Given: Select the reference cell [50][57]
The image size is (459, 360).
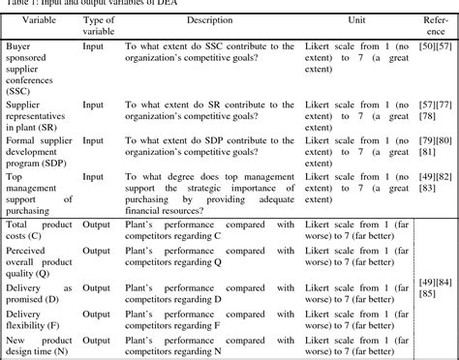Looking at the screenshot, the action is coord(431,46).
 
